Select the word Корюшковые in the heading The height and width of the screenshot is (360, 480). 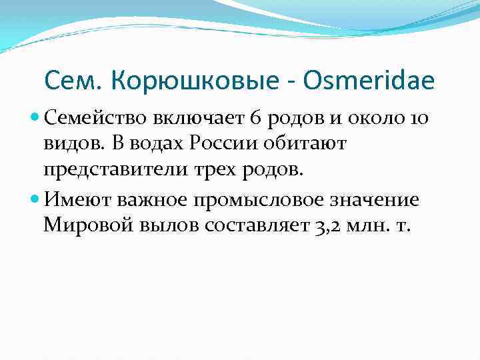188,81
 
